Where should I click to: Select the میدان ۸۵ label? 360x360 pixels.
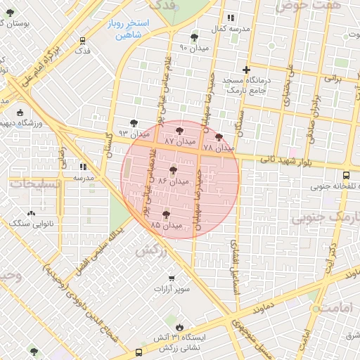[166, 225]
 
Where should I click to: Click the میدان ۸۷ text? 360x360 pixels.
[180, 141]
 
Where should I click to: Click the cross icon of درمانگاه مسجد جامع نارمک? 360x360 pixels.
[245, 70]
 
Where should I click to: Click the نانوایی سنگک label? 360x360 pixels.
[30, 223]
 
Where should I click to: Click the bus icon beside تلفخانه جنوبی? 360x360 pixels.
[345, 176]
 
